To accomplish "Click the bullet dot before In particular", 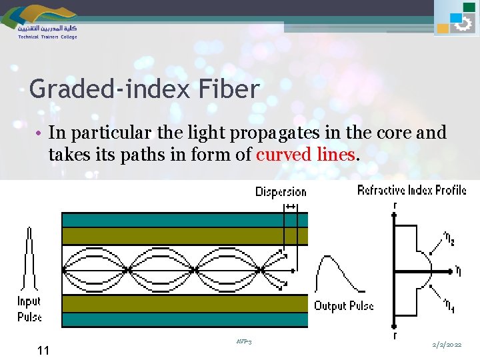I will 40,133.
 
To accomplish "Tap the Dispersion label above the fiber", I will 281,192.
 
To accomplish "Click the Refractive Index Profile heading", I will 411,190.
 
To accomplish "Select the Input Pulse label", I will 29,309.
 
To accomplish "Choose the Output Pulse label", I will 344,306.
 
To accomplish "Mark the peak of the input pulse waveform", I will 29,230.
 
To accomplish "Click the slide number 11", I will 43,351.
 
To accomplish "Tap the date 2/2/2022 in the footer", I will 447,345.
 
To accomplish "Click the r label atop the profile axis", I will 395,205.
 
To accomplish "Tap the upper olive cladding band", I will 185,236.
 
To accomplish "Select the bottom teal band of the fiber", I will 185,319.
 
